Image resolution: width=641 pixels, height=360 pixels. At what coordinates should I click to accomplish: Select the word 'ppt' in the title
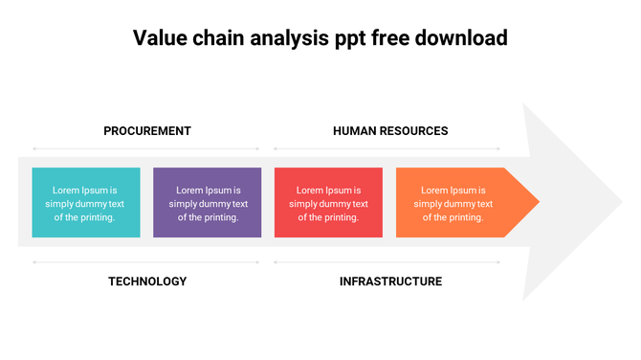[x=343, y=40]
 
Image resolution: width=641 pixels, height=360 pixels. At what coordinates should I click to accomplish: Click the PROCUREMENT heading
[x=147, y=131]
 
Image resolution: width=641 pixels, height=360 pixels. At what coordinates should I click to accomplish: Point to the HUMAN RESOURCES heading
[x=390, y=131]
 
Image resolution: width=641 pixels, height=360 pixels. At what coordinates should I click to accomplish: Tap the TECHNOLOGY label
[x=147, y=281]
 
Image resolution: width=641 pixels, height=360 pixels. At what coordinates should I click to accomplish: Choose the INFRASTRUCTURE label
[x=390, y=281]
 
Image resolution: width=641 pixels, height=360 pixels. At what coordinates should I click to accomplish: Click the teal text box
[x=86, y=202]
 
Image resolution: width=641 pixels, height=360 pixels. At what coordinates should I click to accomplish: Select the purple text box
[x=208, y=202]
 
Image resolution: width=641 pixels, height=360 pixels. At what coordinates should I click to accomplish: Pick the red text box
[x=328, y=202]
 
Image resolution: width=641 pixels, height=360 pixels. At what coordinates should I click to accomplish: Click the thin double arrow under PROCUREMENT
[x=146, y=148]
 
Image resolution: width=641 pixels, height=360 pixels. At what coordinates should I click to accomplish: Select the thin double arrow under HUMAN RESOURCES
[x=387, y=148]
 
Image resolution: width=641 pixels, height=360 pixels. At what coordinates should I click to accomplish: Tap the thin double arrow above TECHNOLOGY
[x=146, y=261]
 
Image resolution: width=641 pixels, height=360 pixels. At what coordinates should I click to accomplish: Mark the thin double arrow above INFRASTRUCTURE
[x=387, y=261]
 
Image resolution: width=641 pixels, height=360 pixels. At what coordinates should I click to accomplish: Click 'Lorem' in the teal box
[x=67, y=190]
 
